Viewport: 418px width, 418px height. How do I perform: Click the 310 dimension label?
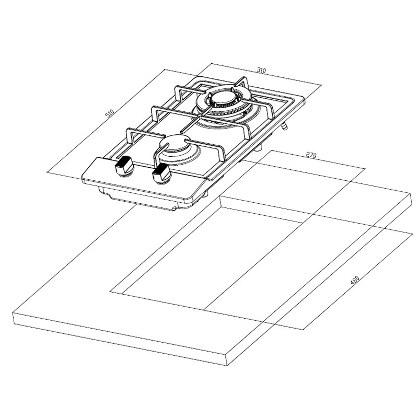(262, 71)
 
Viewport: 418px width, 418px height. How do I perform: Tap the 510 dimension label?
(110, 113)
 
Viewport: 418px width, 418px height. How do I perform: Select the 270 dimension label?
(311, 155)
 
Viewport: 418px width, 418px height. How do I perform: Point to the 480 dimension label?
(355, 281)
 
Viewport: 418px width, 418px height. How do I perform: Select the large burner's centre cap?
(223, 100)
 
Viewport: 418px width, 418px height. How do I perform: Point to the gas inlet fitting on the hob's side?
(285, 125)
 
